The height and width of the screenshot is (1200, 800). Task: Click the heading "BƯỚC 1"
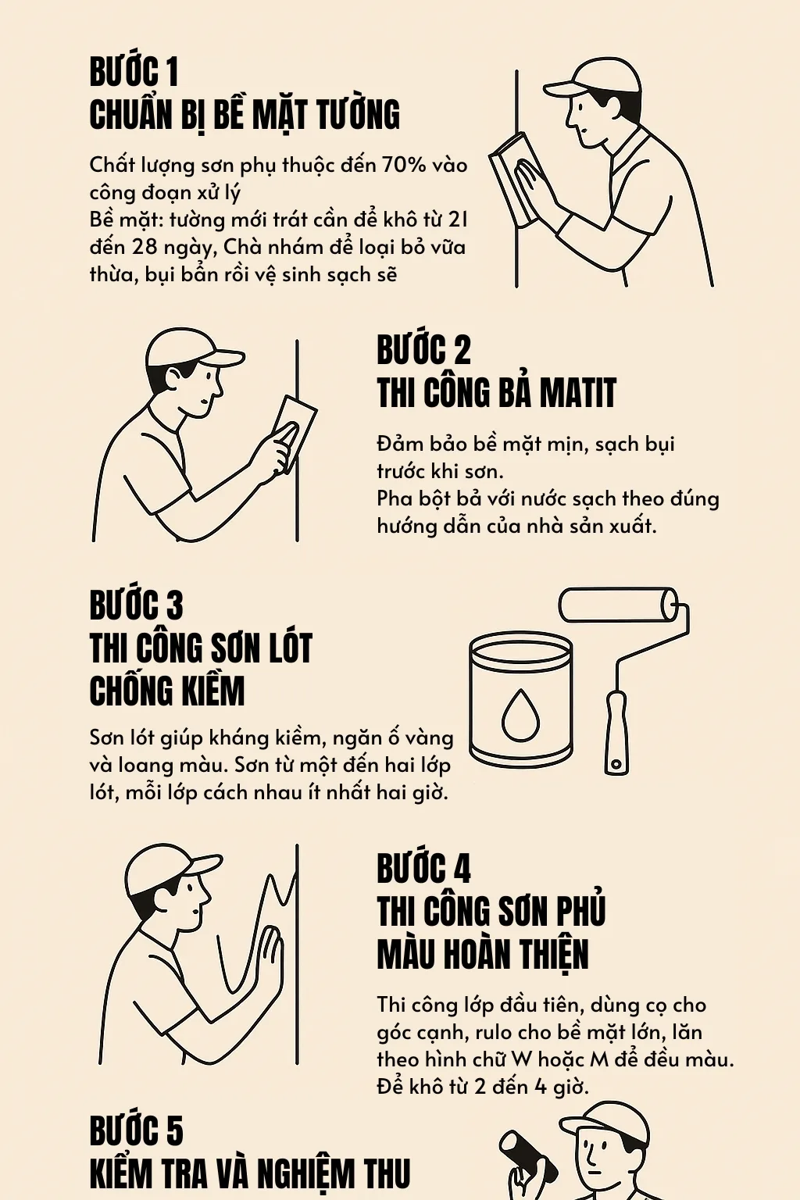(x=134, y=72)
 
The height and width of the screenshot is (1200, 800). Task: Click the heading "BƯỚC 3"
(x=136, y=605)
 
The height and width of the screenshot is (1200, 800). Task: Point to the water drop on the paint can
(x=520, y=714)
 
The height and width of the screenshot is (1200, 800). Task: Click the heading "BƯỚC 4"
(x=423, y=869)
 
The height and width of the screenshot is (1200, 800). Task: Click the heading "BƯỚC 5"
(x=136, y=1131)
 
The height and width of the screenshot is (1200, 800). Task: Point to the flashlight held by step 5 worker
(x=526, y=1156)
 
